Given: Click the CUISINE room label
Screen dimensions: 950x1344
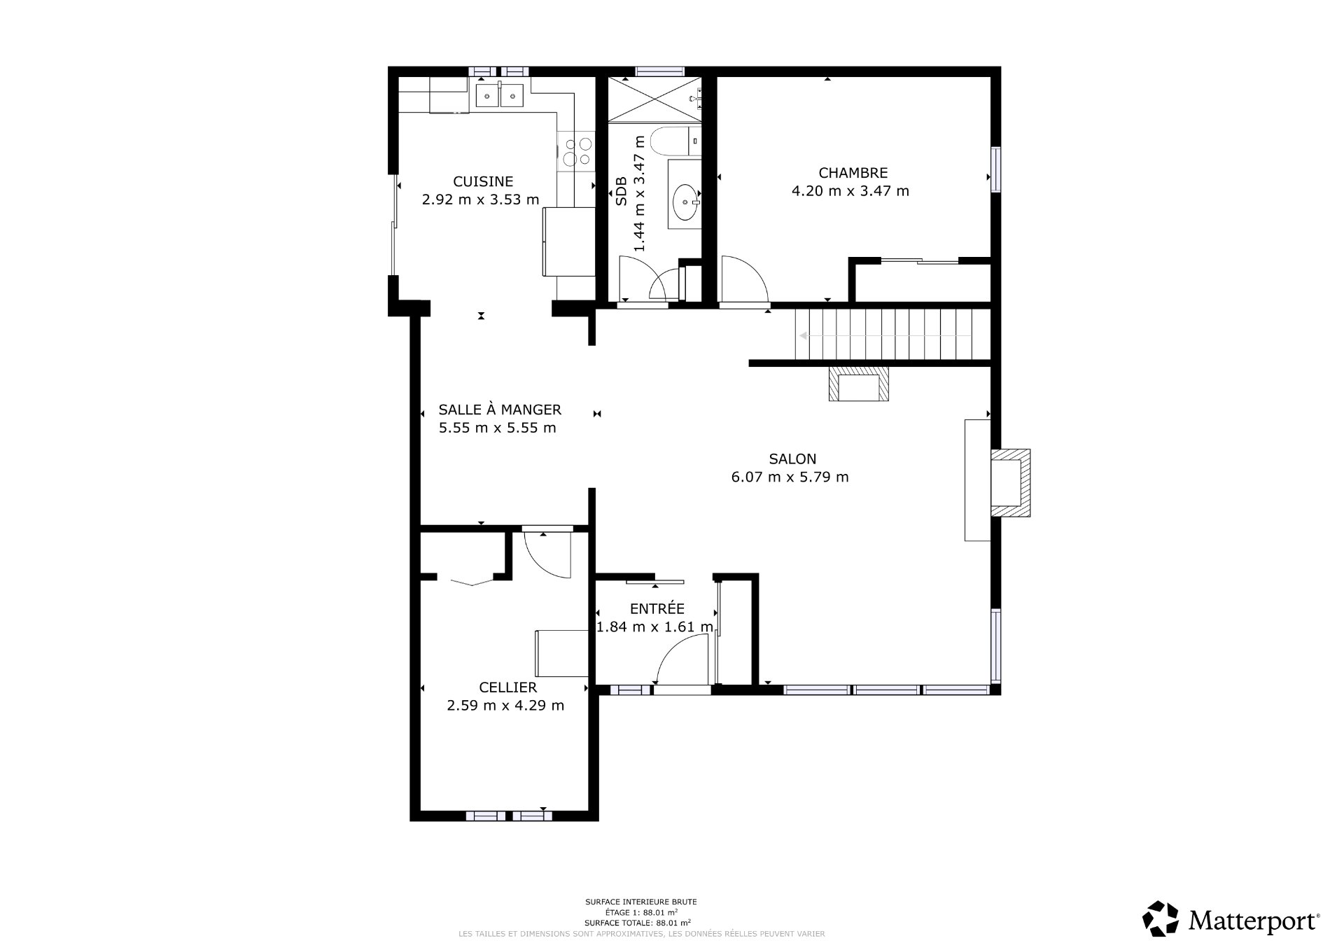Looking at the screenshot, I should pyautogui.click(x=483, y=181).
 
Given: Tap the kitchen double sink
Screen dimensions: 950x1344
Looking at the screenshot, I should pyautogui.click(x=500, y=95).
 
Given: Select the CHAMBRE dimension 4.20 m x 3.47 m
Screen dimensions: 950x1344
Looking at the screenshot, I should pyautogui.click(x=850, y=191).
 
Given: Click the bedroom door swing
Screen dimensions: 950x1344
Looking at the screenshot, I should pyautogui.click(x=744, y=280).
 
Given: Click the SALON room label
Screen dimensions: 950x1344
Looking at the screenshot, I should pyautogui.click(x=792, y=459).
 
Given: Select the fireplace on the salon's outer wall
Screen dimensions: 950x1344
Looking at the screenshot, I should pyautogui.click(x=1009, y=483).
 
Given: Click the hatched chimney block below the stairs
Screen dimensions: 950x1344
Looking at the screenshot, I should pyautogui.click(x=859, y=384).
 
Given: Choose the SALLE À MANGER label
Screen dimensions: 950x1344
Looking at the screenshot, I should pyautogui.click(x=500, y=410).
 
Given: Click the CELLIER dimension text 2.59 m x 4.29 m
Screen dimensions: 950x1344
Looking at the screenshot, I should pyautogui.click(x=505, y=706).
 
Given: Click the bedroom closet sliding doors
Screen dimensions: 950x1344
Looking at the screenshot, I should pyautogui.click(x=919, y=262).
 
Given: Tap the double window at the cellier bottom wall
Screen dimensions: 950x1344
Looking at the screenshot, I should pyautogui.click(x=509, y=816).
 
